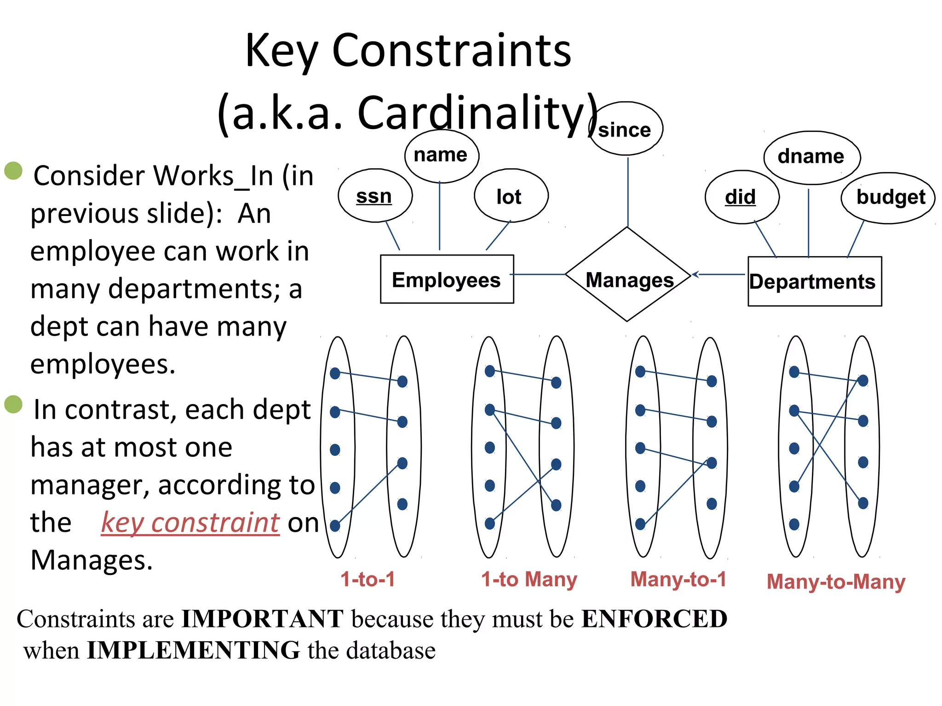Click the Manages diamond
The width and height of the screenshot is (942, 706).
click(628, 275)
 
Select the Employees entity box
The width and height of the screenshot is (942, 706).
click(447, 279)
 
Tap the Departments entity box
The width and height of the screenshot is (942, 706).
click(815, 281)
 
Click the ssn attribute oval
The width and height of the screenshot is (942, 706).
click(375, 196)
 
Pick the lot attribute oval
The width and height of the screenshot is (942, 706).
click(511, 196)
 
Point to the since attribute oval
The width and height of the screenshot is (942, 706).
click(626, 129)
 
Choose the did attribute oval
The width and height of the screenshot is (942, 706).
click(741, 197)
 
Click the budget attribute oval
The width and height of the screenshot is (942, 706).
click(889, 198)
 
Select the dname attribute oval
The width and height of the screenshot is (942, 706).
click(811, 157)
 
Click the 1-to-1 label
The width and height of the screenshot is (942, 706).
click(368, 579)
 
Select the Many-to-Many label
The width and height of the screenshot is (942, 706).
click(836, 582)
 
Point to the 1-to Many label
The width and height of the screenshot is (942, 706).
click(529, 579)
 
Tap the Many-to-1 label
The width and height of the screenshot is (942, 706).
click(678, 579)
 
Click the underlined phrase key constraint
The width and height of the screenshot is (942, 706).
click(190, 523)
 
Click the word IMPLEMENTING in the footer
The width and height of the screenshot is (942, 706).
click(194, 650)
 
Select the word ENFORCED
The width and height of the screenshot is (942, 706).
click(654, 619)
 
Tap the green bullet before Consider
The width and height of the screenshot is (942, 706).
click(13, 171)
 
